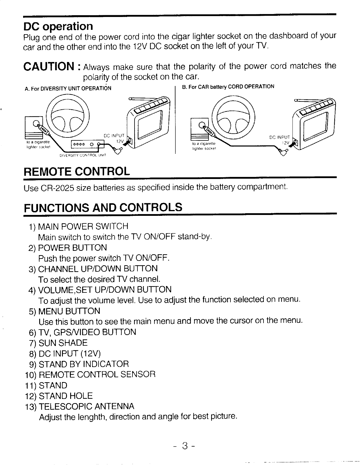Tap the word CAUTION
coord(48,66)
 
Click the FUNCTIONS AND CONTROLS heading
coord(103,207)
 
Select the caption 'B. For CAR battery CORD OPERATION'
coord(228,87)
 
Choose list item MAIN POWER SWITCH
coord(83,226)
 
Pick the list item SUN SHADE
coord(63,343)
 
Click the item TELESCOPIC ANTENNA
coord(87,406)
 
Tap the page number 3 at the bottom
coord(184,446)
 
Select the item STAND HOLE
coord(66,396)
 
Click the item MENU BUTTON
coord(69,311)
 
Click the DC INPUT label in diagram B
coord(279,137)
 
